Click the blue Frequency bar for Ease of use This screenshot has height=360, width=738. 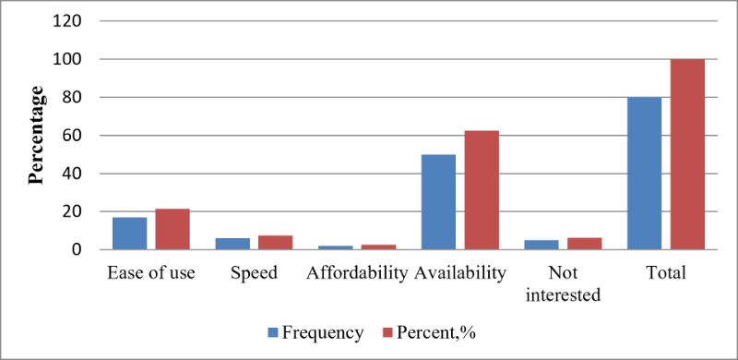tap(129, 234)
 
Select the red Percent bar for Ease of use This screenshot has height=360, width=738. tap(173, 229)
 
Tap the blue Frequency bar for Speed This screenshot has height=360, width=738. tap(232, 244)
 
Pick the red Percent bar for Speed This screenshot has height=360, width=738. tap(275, 242)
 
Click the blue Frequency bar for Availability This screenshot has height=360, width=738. tap(439, 201)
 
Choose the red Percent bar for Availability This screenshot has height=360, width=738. tap(482, 190)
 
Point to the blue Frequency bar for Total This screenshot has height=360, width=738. tap(644, 173)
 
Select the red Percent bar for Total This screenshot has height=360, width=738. tap(687, 154)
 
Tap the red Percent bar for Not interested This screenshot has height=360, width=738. tap(585, 244)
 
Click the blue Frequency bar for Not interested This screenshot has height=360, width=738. tap(542, 245)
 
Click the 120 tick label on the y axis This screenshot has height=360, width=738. tap(67, 21)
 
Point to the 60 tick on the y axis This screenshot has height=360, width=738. tap(73, 136)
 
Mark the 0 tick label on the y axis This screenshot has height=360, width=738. tap(77, 250)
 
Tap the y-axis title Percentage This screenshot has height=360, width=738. tap(37, 136)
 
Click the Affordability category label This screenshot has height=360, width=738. tap(356, 273)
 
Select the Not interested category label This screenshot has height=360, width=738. tap(564, 284)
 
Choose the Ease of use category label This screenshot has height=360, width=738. tap(151, 273)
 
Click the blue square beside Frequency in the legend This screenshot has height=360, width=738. tap(272, 333)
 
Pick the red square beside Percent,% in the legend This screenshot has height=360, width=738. tap(387, 333)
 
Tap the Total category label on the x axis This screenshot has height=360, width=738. tap(666, 273)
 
